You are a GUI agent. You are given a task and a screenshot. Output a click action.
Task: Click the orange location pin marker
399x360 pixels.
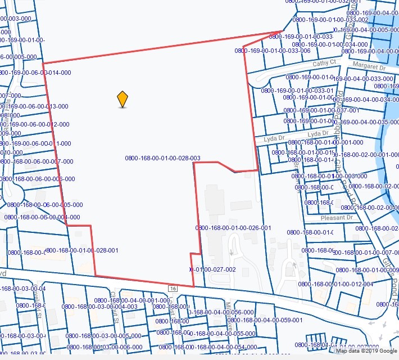pos(123,98)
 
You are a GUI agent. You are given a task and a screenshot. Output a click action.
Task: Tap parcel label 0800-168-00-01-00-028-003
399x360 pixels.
pos(162,158)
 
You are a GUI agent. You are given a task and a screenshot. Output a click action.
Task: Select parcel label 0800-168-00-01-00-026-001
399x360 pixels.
pos(233,228)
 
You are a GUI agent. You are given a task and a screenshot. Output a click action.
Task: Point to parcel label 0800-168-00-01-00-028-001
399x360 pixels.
pos(82,250)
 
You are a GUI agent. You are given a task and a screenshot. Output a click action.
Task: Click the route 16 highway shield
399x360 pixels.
pos(173,288)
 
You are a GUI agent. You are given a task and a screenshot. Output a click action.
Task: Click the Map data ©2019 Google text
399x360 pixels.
pos(366,351)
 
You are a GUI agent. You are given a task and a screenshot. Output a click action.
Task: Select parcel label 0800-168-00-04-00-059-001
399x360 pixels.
pos(265,320)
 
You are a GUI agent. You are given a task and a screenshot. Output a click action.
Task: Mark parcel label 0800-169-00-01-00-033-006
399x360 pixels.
pos(273,51)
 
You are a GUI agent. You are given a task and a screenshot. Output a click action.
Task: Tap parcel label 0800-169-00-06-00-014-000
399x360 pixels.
pos(35,73)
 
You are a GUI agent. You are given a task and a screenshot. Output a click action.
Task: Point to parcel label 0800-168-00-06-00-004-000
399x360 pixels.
pos(42,217)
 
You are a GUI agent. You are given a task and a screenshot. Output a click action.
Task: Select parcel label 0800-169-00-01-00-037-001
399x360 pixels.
pos(321,110)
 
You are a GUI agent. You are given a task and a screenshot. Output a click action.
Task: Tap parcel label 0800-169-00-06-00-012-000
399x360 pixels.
pos(34,124)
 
